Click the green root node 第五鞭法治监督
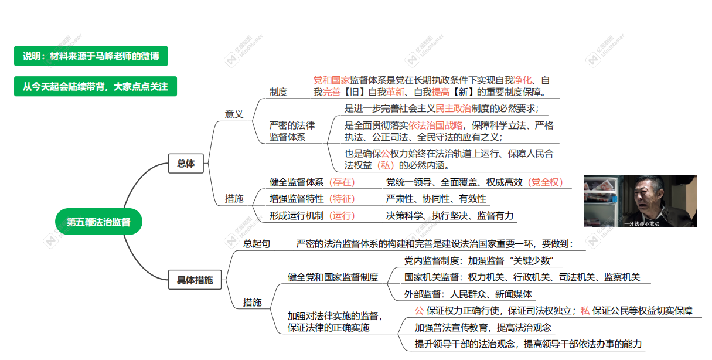coord(98,222)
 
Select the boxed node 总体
coord(186,164)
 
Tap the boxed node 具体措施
coord(195,280)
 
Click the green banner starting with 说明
coord(91,56)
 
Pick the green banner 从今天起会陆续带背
coord(96,87)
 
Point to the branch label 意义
coord(234,114)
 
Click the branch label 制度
coord(278,92)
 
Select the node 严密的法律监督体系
coord(292,131)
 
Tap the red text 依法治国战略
coord(435,125)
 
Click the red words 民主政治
coord(453,108)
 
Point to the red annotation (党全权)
coord(545,182)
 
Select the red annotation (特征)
coord(342,199)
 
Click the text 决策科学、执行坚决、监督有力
coord(450,216)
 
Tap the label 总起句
coord(257,244)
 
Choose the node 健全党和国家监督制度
coord(333,277)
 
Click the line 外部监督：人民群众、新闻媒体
coord(468,294)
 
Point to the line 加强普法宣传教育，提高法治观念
coord(483,328)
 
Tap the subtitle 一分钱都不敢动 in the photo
coord(642,223)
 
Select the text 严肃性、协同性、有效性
coord(436,199)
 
